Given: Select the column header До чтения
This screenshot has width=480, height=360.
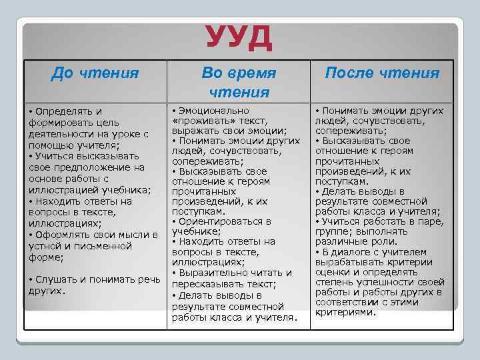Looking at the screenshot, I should click(95, 73).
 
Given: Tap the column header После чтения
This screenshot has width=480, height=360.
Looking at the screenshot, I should click(382, 73).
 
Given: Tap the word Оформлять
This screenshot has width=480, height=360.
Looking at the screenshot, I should click(63, 235).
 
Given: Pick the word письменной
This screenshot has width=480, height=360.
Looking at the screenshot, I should click(111, 246).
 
